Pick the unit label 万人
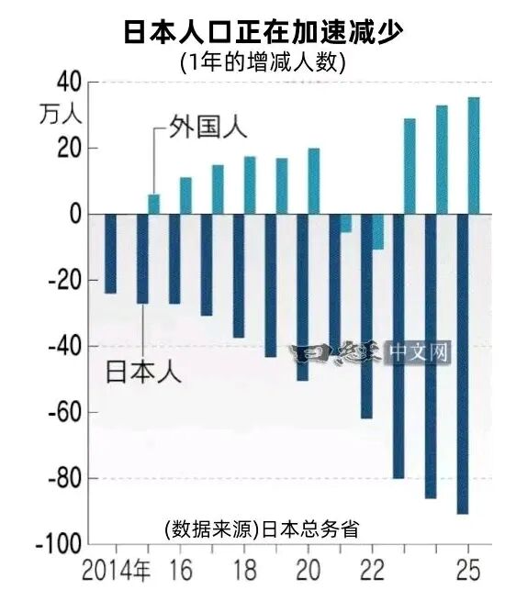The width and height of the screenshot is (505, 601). pos(62,116)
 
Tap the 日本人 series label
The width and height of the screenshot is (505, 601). pos(145,372)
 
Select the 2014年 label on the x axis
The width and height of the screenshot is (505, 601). pos(117,570)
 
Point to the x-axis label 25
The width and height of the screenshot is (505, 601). pos(468,570)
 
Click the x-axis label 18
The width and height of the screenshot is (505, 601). pos(243,570)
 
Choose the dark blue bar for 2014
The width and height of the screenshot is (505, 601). pos(110,253)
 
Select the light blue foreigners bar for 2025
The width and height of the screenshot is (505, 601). pos(474,155)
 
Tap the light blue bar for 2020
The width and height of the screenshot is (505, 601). pos(314,181)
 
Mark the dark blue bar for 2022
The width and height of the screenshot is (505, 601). pos(366,316)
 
